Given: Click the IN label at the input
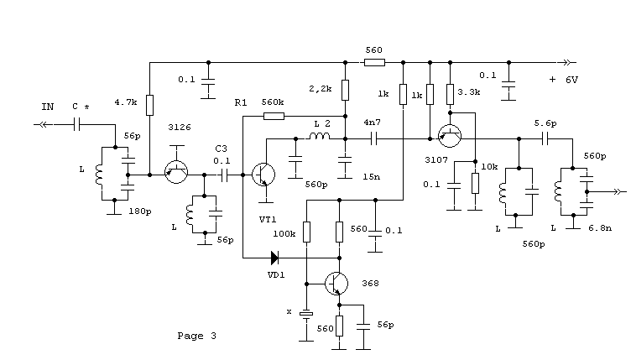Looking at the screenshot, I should (47, 107).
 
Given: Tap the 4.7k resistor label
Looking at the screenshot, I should (125, 103).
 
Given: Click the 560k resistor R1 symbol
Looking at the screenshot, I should (274, 116).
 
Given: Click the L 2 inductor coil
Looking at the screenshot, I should (320, 136).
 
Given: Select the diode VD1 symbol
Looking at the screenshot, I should (274, 258).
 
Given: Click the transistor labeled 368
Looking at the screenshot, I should (337, 284).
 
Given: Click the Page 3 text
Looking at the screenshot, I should (197, 336).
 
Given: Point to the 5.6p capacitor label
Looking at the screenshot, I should (546, 123).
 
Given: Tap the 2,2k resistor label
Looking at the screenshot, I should (321, 88).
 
